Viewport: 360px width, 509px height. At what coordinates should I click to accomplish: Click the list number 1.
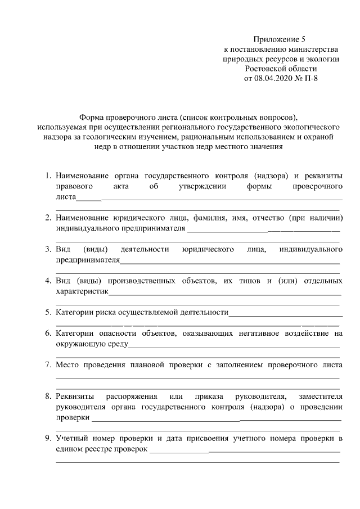coord(48,175)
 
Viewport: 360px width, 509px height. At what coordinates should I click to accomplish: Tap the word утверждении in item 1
coord(202,186)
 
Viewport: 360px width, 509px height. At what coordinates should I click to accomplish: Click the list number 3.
coord(48,249)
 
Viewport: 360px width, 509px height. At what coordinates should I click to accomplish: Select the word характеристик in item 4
coord(82,291)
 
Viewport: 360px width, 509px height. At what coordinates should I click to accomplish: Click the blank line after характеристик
coord(225,293)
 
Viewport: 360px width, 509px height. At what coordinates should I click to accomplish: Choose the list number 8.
coord(48,397)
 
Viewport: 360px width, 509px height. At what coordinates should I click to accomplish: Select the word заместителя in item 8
coord(321,397)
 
